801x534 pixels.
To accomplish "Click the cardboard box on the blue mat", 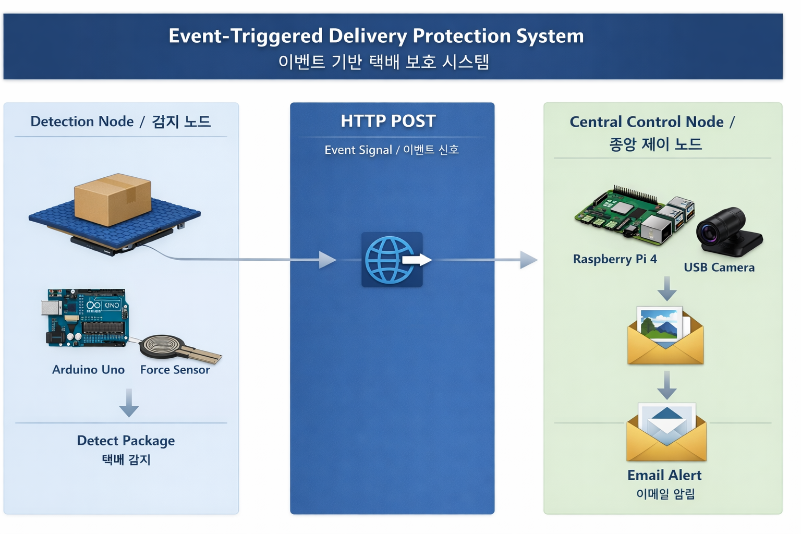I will click(x=113, y=200).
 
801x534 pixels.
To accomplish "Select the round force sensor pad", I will click(x=162, y=345).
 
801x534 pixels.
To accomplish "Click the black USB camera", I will click(x=728, y=232).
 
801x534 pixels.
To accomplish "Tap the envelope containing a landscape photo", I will click(x=665, y=336).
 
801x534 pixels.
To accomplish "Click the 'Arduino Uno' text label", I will click(x=88, y=370).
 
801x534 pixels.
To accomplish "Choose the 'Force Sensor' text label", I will click(x=175, y=370).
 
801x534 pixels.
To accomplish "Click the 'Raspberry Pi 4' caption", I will click(x=615, y=259).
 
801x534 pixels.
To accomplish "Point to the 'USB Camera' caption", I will click(x=719, y=268).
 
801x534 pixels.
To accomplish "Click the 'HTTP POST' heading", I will click(x=388, y=121).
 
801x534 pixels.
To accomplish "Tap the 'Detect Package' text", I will click(x=126, y=441).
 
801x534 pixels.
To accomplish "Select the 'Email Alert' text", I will click(x=664, y=475).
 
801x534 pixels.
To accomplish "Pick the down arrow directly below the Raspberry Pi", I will click(x=666, y=289).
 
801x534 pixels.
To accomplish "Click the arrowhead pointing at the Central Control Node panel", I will click(x=528, y=260).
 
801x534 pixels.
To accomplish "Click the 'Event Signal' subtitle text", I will click(x=358, y=150).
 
